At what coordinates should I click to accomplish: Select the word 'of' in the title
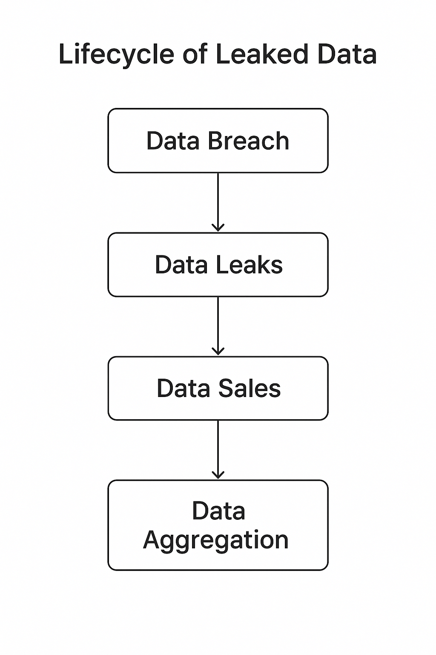[195, 55]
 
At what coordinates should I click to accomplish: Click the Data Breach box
[218, 141]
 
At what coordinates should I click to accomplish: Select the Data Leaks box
[218, 264]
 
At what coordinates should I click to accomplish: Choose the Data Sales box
[218, 388]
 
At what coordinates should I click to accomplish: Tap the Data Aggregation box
[218, 525]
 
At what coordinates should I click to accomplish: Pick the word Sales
[249, 388]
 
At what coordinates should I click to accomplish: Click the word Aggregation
[216, 540]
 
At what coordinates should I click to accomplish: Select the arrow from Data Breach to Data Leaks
[218, 200]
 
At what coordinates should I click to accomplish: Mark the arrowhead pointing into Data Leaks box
[218, 228]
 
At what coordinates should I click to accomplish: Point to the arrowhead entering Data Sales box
[218, 351]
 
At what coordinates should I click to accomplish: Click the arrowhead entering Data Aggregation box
[218, 475]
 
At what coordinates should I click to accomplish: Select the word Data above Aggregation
[218, 511]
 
